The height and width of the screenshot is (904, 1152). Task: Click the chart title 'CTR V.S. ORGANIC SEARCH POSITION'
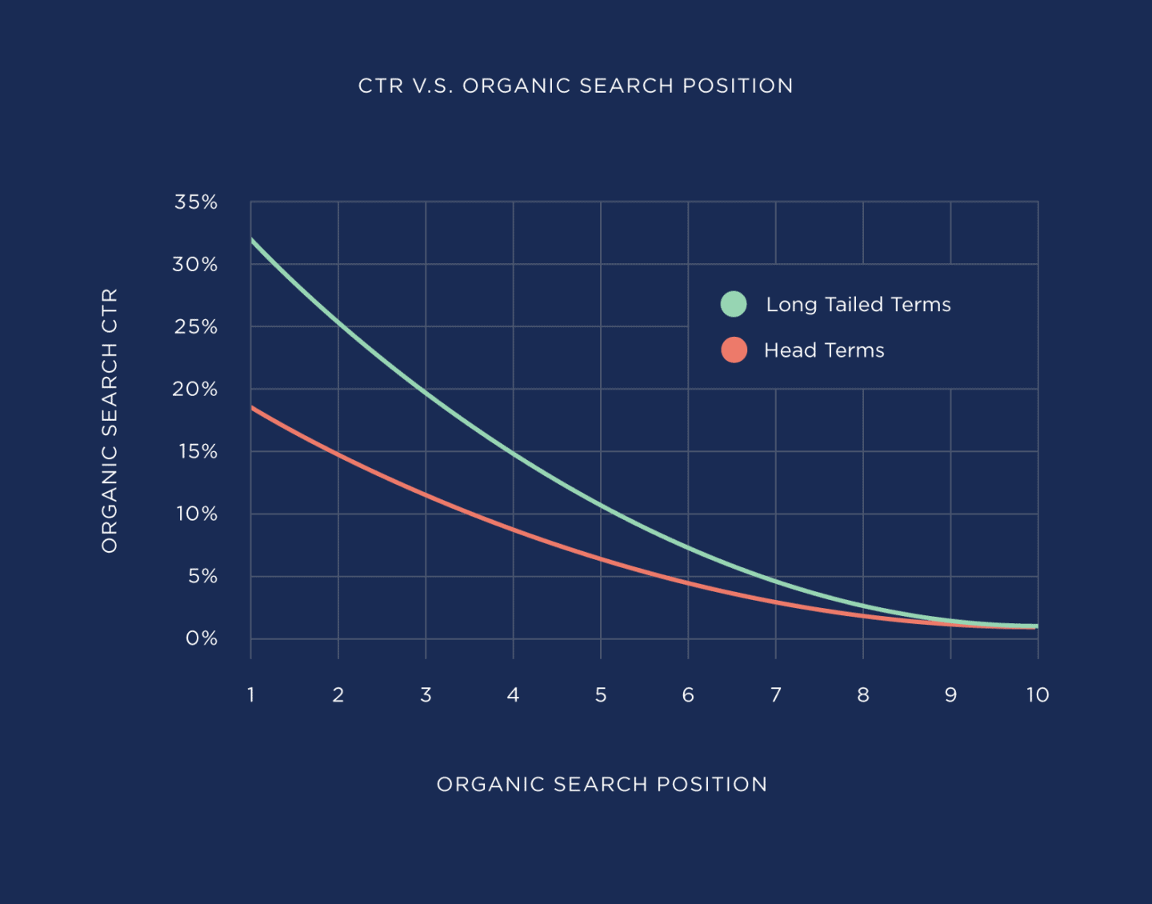575,86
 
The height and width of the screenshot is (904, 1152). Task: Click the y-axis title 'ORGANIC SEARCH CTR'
110,420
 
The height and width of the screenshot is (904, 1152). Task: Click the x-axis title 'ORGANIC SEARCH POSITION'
602,784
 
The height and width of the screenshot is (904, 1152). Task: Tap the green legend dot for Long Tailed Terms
734,304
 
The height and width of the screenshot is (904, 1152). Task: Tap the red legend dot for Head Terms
734,350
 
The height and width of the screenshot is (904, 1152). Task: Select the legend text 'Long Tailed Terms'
858,305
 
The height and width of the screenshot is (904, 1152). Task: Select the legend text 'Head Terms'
824,350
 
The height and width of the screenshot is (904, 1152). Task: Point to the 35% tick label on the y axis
196,202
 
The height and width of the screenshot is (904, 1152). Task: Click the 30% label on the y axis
195,265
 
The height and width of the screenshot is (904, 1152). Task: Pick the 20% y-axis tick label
195,390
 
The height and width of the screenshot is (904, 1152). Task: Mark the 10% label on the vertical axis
197,514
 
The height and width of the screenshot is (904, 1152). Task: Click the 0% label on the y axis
202,638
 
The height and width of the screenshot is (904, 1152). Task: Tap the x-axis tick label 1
251,694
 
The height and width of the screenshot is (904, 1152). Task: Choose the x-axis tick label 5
601,694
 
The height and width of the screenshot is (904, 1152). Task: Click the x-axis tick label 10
1038,694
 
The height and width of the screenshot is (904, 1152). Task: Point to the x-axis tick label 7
775,694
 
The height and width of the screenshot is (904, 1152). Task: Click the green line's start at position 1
252,239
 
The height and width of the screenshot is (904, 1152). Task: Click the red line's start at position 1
252,408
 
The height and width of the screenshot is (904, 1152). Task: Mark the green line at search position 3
426,393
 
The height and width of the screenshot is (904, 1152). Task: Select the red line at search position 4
513,530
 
